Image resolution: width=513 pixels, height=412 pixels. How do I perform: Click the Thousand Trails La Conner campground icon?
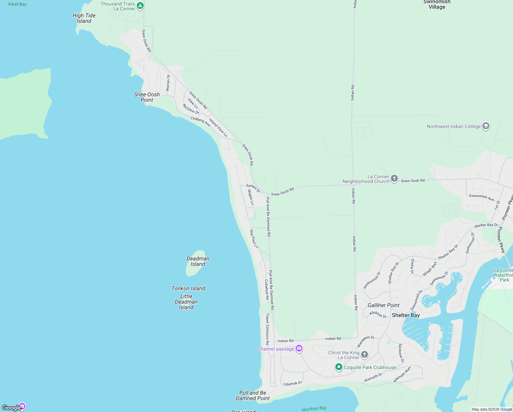click(x=140, y=5)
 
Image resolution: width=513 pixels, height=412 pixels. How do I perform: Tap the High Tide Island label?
click(x=84, y=18)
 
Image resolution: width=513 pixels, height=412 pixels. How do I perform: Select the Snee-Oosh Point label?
click(x=147, y=97)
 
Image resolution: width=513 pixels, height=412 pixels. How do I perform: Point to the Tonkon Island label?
click(x=188, y=288)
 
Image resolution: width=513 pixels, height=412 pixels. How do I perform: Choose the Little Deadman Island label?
click(x=186, y=302)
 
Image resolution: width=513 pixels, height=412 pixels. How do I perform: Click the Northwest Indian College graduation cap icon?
click(x=486, y=126)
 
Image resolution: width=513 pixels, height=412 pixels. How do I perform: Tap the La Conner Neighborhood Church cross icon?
click(x=394, y=178)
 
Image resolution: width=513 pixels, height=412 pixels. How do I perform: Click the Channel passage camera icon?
click(x=299, y=348)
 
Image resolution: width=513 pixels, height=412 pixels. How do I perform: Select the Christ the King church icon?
click(x=365, y=354)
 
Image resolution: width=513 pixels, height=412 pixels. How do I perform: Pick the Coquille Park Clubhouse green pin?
click(x=338, y=367)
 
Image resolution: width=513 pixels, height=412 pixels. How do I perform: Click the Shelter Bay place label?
click(x=406, y=315)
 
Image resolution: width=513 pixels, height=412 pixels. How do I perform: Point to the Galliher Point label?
click(x=383, y=305)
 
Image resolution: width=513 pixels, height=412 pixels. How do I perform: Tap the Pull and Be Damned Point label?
click(x=253, y=396)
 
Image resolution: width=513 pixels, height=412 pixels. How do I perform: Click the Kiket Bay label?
click(x=17, y=4)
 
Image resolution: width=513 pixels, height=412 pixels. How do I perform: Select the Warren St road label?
click(x=168, y=83)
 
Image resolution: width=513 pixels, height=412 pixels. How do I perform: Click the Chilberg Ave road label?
click(x=201, y=121)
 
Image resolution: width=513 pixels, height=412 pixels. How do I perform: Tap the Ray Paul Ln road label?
click(x=254, y=239)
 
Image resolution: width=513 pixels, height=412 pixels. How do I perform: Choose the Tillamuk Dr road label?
click(x=292, y=384)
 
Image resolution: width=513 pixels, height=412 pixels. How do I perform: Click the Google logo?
click(x=12, y=408)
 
